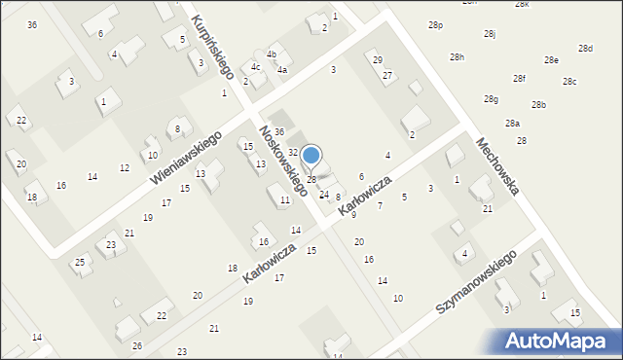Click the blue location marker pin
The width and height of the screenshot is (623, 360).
click(x=311, y=156)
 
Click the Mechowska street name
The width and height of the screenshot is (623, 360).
click(x=496, y=164)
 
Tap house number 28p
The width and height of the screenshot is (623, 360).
click(x=435, y=25)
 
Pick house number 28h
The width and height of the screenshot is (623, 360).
click(x=457, y=57)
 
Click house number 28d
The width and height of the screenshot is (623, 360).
click(x=585, y=49)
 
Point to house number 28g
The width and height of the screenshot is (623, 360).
click(x=492, y=99)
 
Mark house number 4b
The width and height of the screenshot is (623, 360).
click(x=273, y=54)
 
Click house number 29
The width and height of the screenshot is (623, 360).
click(x=379, y=60)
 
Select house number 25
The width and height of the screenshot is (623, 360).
click(x=80, y=262)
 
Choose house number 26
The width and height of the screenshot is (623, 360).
click(x=137, y=346)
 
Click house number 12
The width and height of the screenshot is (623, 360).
click(x=125, y=168)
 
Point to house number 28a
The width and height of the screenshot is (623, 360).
click(x=512, y=124)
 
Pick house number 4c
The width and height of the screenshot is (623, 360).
click(x=255, y=67)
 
